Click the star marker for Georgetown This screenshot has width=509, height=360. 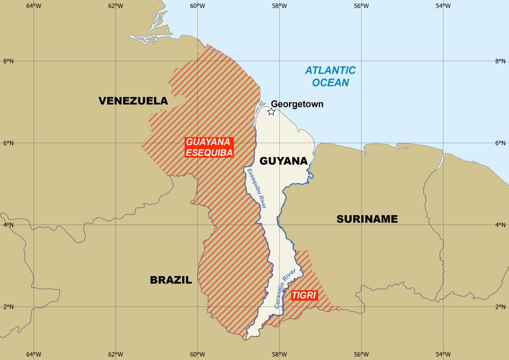(271, 112)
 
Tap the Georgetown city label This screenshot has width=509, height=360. (297, 104)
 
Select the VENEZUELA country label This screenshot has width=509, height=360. (133, 101)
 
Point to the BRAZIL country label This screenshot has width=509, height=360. (171, 280)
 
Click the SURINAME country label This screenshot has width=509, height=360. (367, 219)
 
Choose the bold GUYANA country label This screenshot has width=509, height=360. (283, 161)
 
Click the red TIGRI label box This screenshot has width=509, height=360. (305, 295)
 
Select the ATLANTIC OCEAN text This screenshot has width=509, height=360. (330, 76)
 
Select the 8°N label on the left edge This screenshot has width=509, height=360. (8, 61)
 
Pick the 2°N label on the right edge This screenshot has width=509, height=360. (501, 307)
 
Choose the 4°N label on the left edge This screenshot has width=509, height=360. (8, 225)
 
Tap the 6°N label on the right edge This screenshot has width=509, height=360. (501, 143)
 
